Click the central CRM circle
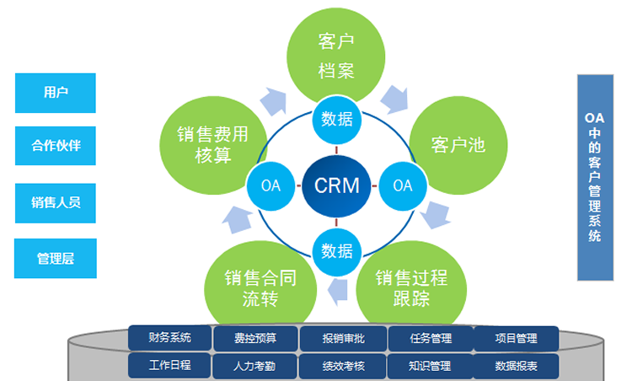pyautogui.click(x=336, y=185)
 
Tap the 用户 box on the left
pyautogui.click(x=56, y=93)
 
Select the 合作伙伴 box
pyautogui.click(x=56, y=147)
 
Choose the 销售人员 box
pyautogui.click(x=56, y=202)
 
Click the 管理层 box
pyautogui.click(x=56, y=259)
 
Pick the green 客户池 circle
pyautogui.click(x=459, y=143)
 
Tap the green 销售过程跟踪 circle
pyautogui.click(x=413, y=287)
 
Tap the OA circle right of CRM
pyautogui.click(x=402, y=185)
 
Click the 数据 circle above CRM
pyautogui.click(x=337, y=120)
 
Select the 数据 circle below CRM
pyautogui.click(x=337, y=250)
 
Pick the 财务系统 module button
pyautogui.click(x=169, y=338)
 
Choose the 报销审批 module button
pyautogui.click(x=343, y=338)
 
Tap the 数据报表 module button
pyautogui.click(x=516, y=366)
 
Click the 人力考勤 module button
pyautogui.click(x=256, y=366)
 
